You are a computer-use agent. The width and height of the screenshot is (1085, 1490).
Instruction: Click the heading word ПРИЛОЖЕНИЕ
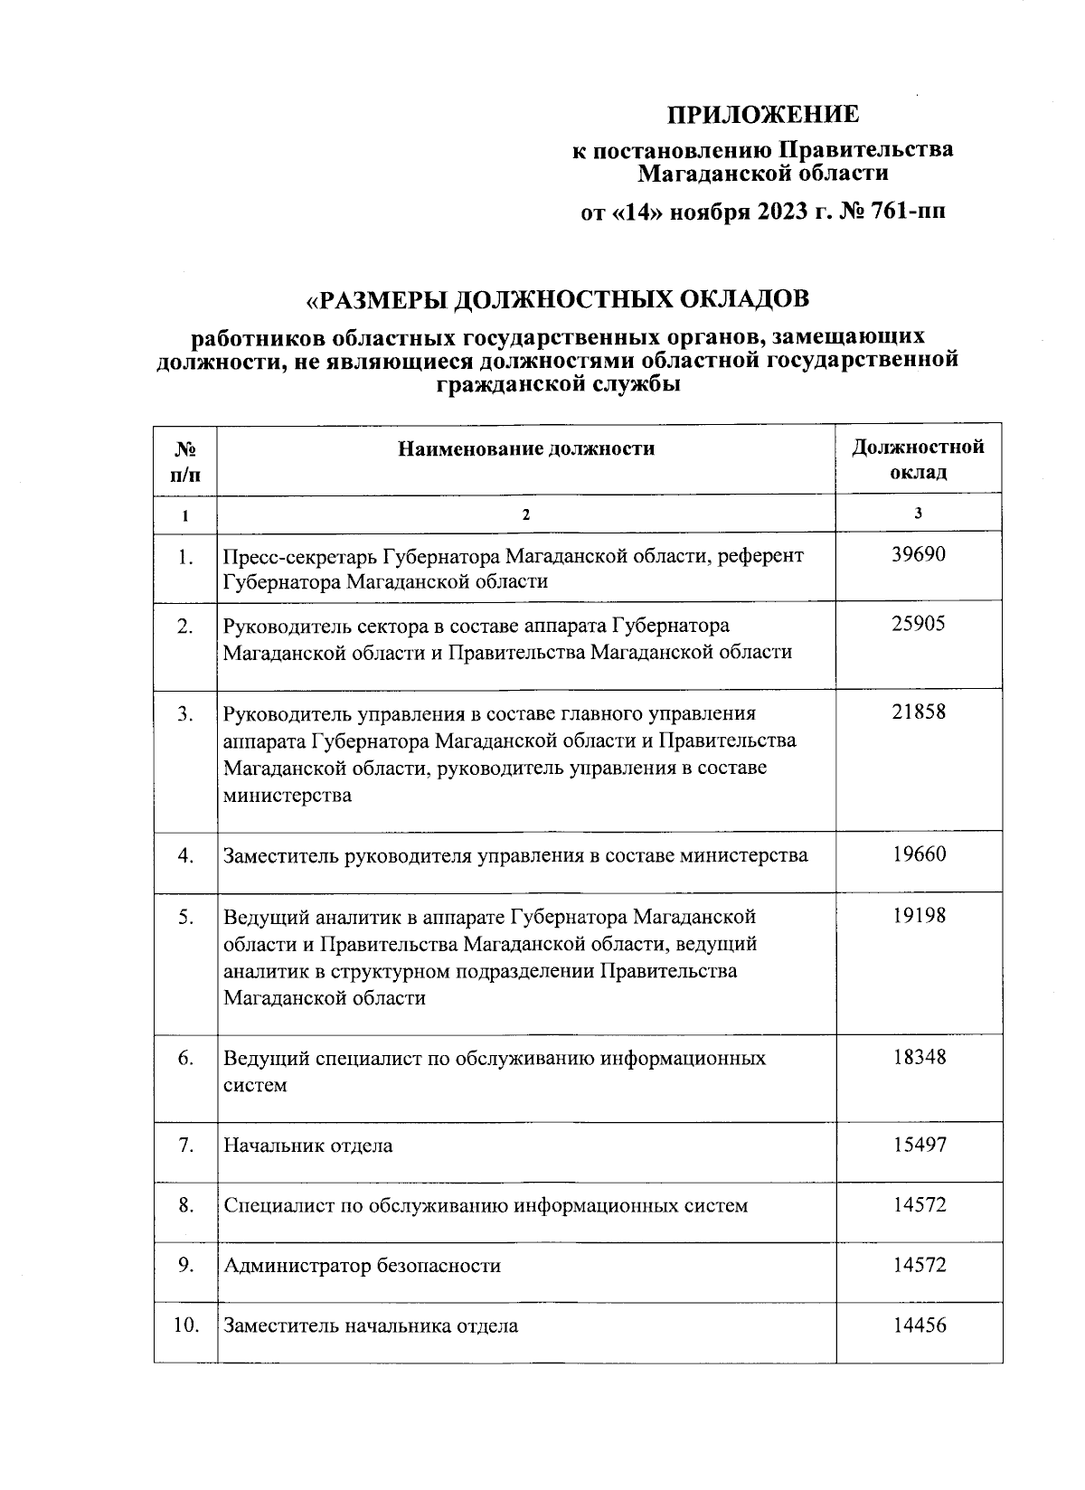[763, 115]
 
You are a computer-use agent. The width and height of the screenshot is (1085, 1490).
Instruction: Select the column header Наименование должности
[526, 448]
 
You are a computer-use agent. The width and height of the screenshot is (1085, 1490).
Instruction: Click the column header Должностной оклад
[918, 459]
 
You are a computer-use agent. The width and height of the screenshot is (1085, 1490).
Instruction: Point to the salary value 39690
[919, 554]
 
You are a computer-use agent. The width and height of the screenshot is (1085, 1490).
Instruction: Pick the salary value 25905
[919, 624]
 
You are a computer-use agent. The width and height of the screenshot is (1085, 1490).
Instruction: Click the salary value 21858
[919, 712]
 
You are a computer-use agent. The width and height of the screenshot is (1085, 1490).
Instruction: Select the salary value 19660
[919, 854]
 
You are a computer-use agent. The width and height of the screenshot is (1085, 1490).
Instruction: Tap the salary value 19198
[919, 916]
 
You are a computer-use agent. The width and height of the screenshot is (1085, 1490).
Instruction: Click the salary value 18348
[919, 1057]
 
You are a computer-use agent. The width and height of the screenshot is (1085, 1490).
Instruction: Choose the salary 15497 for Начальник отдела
[919, 1145]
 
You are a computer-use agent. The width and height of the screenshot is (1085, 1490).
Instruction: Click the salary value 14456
[919, 1325]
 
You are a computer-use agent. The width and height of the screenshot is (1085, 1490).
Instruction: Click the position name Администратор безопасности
[362, 1266]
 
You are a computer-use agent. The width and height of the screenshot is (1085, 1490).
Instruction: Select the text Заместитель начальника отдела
[371, 1326]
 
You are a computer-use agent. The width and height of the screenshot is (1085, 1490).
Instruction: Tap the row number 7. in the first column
[185, 1146]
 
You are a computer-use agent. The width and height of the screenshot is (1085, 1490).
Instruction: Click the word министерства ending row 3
[288, 797]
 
